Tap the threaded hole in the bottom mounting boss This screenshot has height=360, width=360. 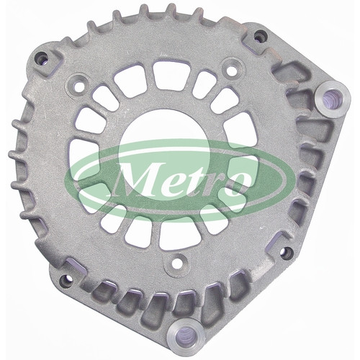(184, 336)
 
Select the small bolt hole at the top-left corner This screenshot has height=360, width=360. (41, 60)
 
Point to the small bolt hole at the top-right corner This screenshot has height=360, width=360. (260, 36)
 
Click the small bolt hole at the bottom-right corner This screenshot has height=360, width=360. (287, 252)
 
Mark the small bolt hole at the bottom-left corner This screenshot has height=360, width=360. (66, 279)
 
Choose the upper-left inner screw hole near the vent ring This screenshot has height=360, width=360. (78, 87)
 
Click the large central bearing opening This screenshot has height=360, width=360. (164, 153)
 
